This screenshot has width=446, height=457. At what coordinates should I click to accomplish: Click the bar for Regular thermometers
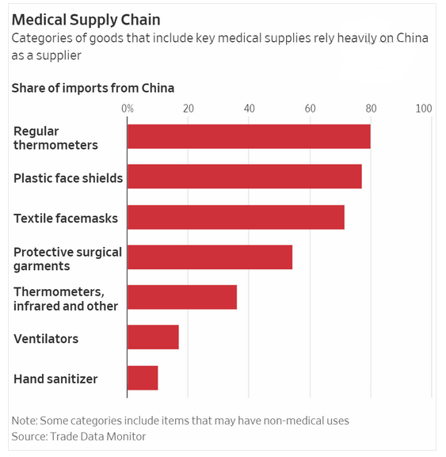coord(249,136)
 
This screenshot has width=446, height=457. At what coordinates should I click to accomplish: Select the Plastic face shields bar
coord(245,177)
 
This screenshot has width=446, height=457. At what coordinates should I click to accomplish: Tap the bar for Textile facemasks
coord(236,217)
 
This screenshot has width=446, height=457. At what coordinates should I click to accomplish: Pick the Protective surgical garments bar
coord(210,257)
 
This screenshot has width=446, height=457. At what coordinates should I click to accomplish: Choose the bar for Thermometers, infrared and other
coord(182,297)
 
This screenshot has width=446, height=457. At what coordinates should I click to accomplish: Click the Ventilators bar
coord(153,337)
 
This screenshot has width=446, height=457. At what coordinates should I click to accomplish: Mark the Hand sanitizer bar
coord(143,378)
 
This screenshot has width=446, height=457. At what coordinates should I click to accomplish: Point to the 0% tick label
coord(128,109)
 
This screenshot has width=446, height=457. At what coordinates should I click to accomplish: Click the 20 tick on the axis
coord(189,109)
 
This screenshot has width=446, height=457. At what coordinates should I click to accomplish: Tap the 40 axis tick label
coord(250,109)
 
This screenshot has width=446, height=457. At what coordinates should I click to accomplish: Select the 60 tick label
coord(311,109)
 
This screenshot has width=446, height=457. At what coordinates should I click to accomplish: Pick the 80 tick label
coord(371,109)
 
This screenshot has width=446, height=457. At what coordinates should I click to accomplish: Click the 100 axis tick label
coord(424,109)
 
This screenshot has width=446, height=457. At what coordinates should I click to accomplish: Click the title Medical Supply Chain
coord(86,20)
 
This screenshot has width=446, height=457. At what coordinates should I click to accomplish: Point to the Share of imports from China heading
coord(93,88)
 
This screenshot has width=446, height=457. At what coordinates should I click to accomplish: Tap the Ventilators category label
coord(46,339)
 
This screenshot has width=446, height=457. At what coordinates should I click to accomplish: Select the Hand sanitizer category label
coord(55,379)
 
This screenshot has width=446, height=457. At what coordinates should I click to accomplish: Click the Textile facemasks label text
coord(66,219)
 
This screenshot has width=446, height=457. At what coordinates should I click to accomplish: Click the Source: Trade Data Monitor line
coord(78,436)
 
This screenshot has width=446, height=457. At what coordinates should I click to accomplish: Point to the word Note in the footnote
coord(24,421)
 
